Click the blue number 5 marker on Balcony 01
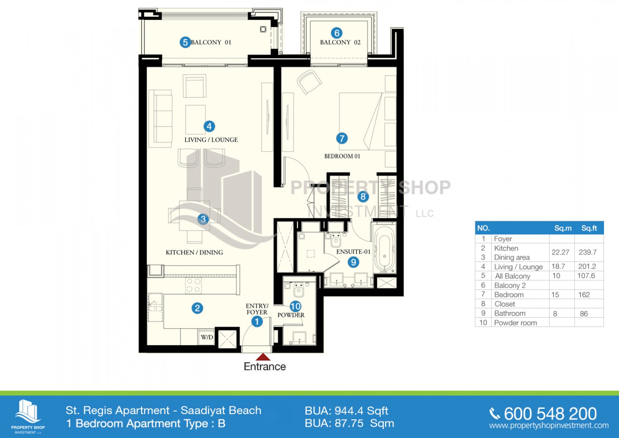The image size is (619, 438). coord(185,42)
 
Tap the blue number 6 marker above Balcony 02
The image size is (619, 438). coord(336,33)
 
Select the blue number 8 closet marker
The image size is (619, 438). coord(363,197)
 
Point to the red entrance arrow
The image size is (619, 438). coord(263,357)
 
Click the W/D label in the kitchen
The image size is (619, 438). coord(207,337)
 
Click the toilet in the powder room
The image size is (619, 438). coord(298,290)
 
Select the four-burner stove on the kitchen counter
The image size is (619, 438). coord(193,285)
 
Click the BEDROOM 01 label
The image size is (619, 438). coord(342,156)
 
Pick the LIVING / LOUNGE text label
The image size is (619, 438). coord(211,140)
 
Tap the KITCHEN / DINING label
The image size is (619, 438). coord(194,252)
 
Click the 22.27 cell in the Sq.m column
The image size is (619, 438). coord(560,252)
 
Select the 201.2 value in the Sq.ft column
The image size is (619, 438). coord(587,266)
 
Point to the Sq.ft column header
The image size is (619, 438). coord(589,228)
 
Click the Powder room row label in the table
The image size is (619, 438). coord(515,323)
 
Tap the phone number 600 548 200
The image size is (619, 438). coord(550,414)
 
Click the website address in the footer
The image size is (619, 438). coord(549,425)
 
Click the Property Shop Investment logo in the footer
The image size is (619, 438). coord(28,417)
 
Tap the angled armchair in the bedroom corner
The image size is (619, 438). coord(309,82)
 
